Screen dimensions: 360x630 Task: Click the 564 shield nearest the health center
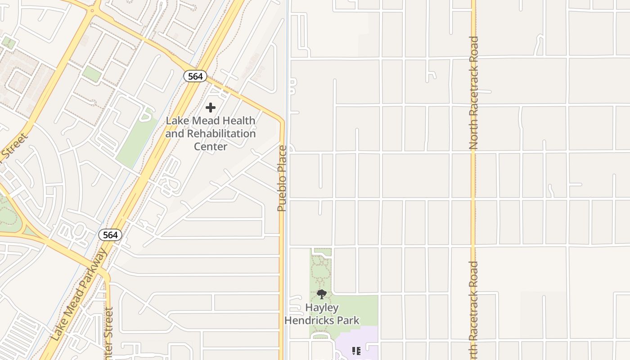pos(195,76)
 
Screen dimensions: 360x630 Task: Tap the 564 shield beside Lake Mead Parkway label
pos(110,235)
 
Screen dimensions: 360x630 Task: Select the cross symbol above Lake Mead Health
pos(210,108)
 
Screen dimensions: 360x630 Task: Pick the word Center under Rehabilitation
pos(210,146)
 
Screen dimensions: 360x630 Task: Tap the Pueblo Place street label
pos(282,178)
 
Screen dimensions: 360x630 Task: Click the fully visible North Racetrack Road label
pos(473,93)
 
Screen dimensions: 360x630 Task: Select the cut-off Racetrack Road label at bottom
pos(473,310)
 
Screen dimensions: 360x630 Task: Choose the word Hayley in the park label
pos(322,308)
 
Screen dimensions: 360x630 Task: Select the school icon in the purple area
pos(356,351)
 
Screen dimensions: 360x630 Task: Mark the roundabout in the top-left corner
pos(93,10)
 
